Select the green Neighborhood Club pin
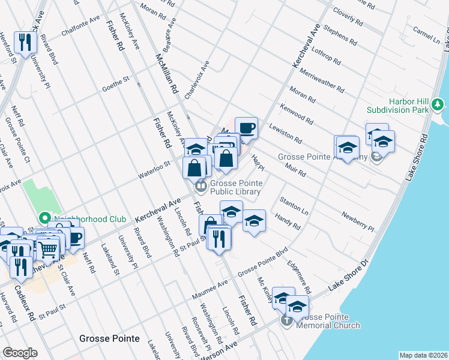[x=44, y=218]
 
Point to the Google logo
[x=20, y=353]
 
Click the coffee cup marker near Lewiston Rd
[x=246, y=128]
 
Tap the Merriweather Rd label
[x=322, y=81]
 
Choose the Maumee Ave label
[x=209, y=290]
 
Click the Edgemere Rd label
[x=298, y=276]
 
